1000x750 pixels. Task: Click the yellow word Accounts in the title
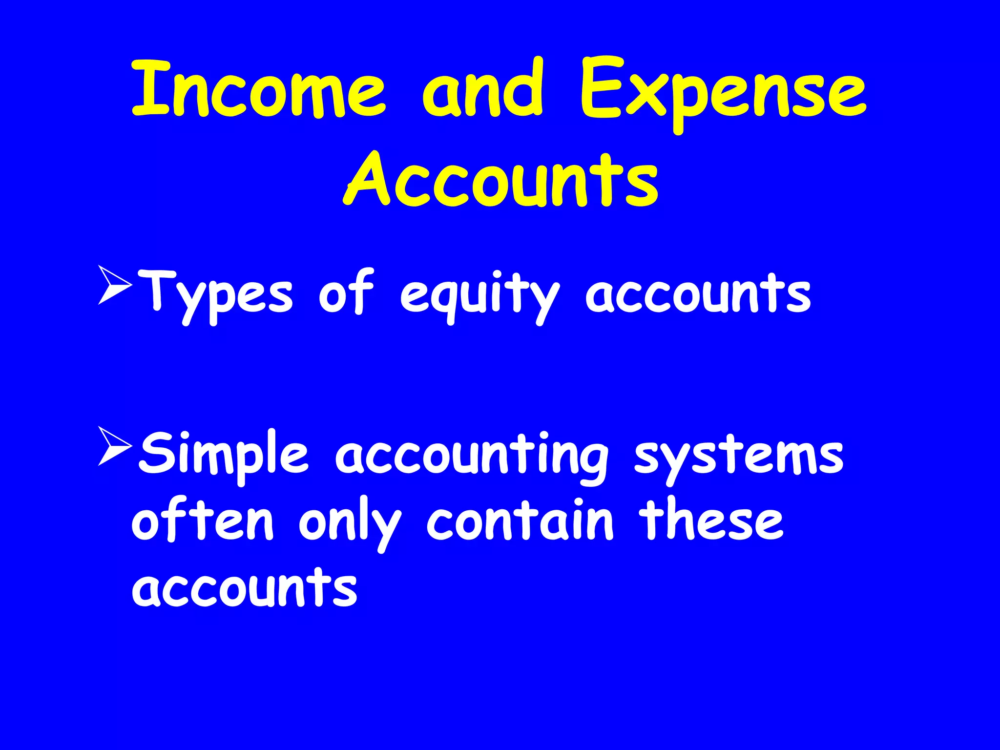pyautogui.click(x=500, y=180)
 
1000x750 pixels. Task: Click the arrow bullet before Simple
pyautogui.click(x=115, y=446)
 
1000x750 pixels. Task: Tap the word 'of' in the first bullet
pyautogui.click(x=346, y=292)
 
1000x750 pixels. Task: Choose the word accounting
pyautogui.click(x=472, y=457)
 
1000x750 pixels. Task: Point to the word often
pyautogui.click(x=203, y=520)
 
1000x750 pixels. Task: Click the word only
pyautogui.click(x=350, y=522)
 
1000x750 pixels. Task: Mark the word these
pyautogui.click(x=712, y=520)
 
